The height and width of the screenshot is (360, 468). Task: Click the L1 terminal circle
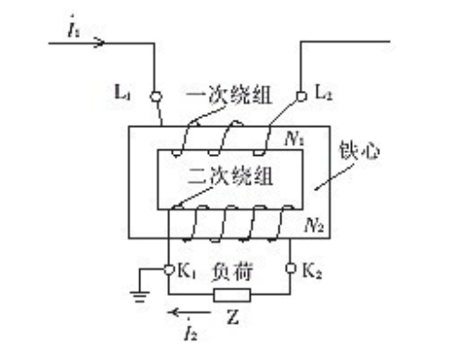pos(156,96)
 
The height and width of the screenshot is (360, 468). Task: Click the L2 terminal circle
pos(301,96)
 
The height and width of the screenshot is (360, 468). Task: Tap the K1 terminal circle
pos(169,270)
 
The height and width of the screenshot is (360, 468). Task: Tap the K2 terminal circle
pos(291,268)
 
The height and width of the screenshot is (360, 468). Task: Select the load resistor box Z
pos(232,295)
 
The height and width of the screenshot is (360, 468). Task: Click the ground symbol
pos(140,296)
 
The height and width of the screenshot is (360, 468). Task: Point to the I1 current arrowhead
pos(99,43)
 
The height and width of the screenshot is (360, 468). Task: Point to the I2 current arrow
pos(189,312)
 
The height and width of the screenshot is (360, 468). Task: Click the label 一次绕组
pos(229,95)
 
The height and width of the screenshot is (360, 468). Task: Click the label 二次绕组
pos(230,175)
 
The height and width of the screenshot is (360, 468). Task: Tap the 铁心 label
pos(359,150)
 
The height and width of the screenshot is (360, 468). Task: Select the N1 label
pos(294,138)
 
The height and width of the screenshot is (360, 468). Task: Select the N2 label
pos(314,225)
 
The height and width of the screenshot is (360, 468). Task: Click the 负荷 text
pos(232,272)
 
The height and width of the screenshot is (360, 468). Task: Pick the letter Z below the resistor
pos(233,316)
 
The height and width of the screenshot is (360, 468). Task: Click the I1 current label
pos(73,28)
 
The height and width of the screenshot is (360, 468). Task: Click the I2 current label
pos(190,330)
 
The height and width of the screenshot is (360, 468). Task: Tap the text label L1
pos(123,92)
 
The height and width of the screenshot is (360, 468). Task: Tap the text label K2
pos(312,271)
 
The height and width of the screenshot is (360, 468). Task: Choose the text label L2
pos(323,92)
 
